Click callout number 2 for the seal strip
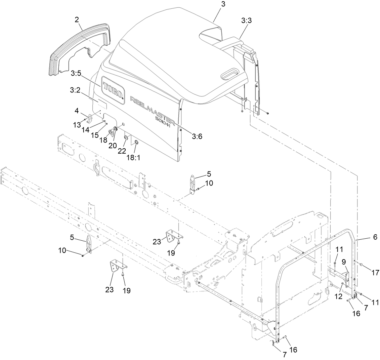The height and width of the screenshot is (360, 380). coord(77,20)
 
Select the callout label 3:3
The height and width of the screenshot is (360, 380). coord(246,21)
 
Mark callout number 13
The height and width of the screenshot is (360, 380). coord(77,125)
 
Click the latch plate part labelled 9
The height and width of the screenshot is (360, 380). coord(348,276)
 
